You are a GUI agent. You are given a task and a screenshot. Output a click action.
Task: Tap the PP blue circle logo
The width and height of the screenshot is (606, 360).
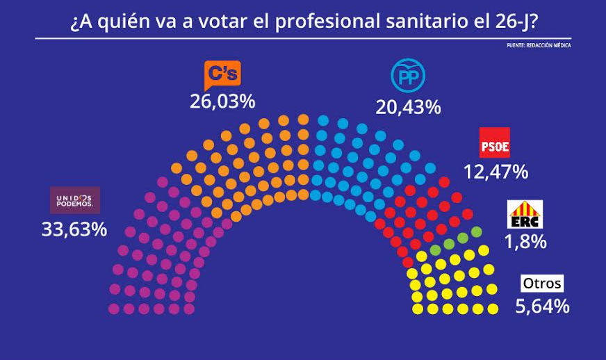point(408,76)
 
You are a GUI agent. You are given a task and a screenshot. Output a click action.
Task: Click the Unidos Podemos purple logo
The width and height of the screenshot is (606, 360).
point(75,200)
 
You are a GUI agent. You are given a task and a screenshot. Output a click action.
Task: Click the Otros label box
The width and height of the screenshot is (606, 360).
point(542,284)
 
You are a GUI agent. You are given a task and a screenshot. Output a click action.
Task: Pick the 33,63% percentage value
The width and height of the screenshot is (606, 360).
point(74,229)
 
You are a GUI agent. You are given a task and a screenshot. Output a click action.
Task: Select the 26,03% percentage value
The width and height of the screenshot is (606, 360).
point(222,101)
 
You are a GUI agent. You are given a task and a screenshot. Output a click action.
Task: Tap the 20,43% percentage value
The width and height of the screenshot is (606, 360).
point(408,106)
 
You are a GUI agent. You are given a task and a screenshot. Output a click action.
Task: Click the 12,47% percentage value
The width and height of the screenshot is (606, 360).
point(496,171)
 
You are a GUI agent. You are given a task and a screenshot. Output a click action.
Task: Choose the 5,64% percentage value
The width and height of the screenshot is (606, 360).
point(542,306)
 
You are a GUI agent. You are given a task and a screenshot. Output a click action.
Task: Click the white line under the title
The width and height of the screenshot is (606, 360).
point(303,38)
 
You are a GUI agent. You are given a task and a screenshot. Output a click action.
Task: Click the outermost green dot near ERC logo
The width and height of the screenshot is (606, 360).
point(476,231)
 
